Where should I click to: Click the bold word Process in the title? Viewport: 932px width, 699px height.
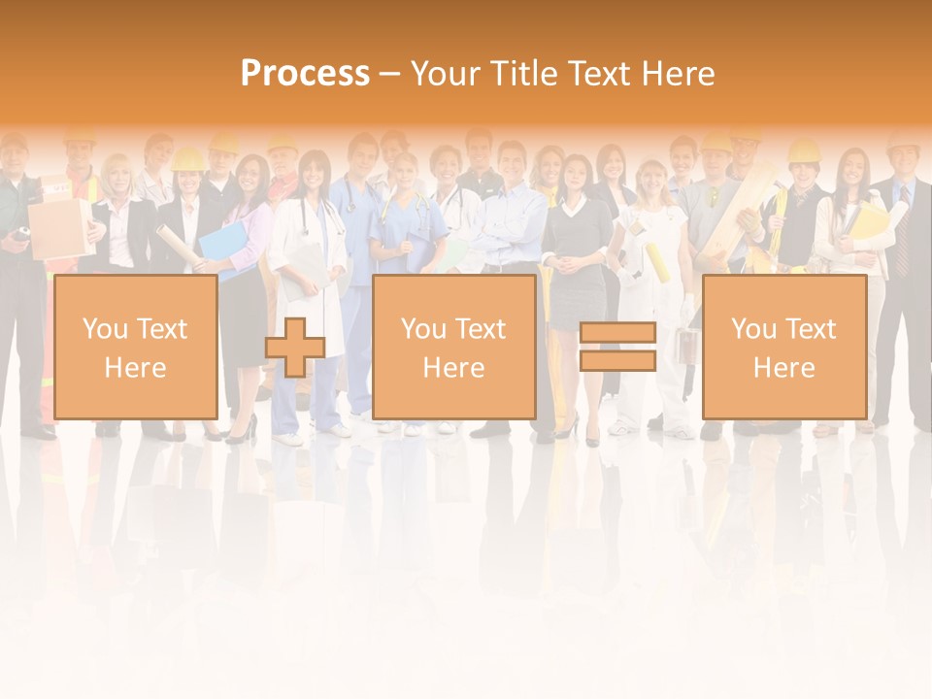(x=305, y=74)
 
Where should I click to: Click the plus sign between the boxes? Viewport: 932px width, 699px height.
(x=294, y=348)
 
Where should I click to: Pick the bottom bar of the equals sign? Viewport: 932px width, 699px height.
(x=617, y=361)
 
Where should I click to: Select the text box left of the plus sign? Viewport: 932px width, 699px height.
(x=136, y=347)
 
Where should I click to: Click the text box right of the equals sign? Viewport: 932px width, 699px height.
(x=784, y=347)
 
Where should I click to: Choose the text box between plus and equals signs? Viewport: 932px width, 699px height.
(x=454, y=347)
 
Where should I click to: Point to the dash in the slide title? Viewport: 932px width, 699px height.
(x=389, y=74)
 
